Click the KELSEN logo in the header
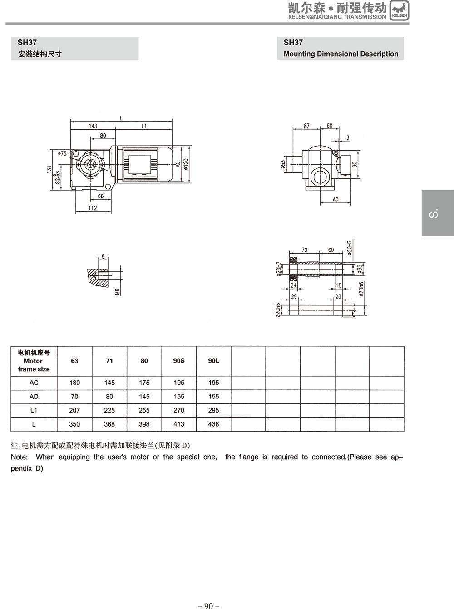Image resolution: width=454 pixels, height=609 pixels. click(x=399, y=10)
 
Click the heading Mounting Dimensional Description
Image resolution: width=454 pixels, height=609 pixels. click(x=340, y=54)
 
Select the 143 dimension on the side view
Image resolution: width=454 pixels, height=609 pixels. click(x=93, y=126)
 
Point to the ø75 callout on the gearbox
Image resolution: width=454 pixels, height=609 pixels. click(x=63, y=154)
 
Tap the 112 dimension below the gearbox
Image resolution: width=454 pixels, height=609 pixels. click(x=93, y=208)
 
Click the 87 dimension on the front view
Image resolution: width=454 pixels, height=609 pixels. click(x=306, y=126)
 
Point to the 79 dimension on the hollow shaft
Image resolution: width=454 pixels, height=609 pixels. click(x=305, y=250)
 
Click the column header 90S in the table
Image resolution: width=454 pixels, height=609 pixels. click(x=179, y=361)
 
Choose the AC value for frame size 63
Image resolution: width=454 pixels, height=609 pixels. click(x=74, y=383)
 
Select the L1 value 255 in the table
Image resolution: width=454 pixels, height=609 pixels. click(x=144, y=410)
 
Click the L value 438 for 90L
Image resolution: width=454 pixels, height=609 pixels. click(x=213, y=424)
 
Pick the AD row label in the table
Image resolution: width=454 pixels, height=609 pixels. click(x=34, y=397)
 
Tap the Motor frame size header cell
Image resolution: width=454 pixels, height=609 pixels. click(x=34, y=361)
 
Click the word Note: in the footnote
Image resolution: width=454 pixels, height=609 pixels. click(x=19, y=457)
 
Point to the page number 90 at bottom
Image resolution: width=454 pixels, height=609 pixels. click(x=208, y=605)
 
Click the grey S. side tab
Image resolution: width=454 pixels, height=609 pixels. click(x=437, y=213)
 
